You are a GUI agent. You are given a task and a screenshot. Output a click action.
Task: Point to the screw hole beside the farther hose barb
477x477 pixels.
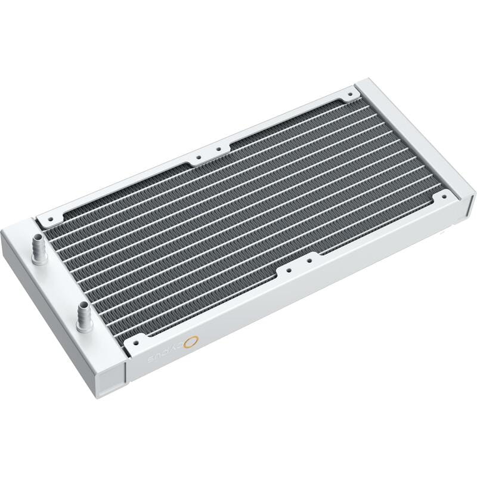tap(49, 220)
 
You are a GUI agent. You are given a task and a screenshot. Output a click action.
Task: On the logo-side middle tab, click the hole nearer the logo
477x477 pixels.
tap(290, 269)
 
